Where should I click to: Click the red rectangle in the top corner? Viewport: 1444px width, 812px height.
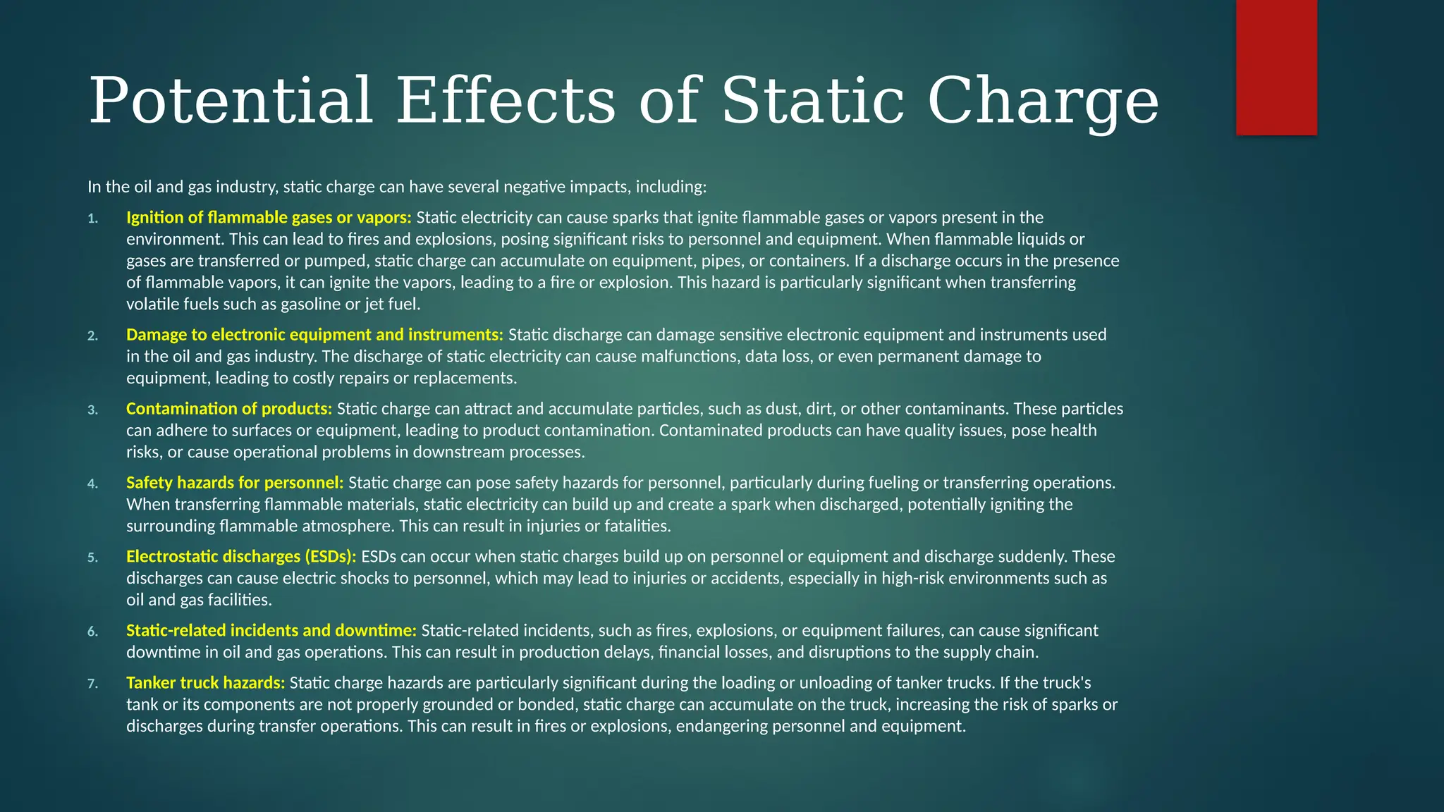(1276, 67)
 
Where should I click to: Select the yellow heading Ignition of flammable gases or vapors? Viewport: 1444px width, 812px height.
(269, 217)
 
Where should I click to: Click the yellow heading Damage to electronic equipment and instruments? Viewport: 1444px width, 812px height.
(314, 334)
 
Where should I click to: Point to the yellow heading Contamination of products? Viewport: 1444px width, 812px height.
(229, 409)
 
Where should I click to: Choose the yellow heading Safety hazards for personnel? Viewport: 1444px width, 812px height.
(235, 483)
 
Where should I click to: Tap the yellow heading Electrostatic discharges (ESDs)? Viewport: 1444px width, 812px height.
(241, 557)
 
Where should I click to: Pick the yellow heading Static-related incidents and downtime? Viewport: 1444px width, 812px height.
(271, 630)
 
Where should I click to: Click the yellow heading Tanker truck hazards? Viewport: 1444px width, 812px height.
(206, 683)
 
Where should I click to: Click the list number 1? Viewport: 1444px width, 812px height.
(92, 219)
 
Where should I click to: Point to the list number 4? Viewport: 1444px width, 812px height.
(92, 484)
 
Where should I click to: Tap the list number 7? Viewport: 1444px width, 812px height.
(92, 684)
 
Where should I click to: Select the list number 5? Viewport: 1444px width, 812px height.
(92, 558)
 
